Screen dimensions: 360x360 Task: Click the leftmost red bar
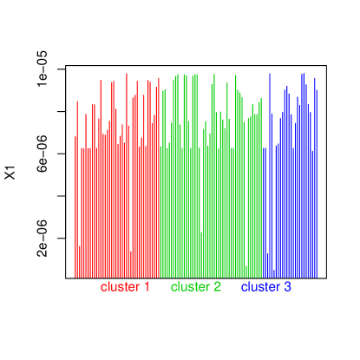click(75, 208)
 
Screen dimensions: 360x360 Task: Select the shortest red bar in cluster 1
click(131, 264)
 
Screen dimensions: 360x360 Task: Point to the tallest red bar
click(127, 173)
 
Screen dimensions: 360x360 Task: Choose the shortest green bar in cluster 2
click(247, 271)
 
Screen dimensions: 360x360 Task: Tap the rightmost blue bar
click(317, 182)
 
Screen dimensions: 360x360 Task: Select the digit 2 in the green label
click(217, 287)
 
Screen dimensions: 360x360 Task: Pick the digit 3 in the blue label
click(287, 287)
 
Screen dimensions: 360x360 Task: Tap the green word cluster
click(190, 287)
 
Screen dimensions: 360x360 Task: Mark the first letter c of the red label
click(104, 287)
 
